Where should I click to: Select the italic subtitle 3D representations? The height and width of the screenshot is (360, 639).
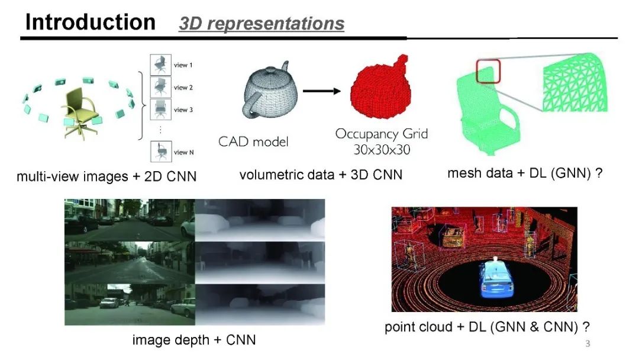pyautogui.click(x=261, y=23)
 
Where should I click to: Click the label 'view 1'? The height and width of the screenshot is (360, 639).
pyautogui.click(x=183, y=65)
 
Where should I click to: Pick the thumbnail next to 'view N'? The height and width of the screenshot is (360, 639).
pyautogui.click(x=159, y=151)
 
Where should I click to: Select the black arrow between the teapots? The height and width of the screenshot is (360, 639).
pyautogui.click(x=323, y=91)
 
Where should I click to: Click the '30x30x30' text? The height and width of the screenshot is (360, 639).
pyautogui.click(x=382, y=150)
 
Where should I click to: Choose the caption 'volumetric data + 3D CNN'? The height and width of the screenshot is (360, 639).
pyautogui.click(x=321, y=175)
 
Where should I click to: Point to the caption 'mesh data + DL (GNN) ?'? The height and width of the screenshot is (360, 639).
pyautogui.click(x=525, y=173)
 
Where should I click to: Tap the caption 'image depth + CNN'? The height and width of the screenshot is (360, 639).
pyautogui.click(x=194, y=340)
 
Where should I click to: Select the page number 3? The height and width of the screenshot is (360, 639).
pyautogui.click(x=587, y=344)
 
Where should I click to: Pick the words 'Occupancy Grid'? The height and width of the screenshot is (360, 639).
pyautogui.click(x=381, y=134)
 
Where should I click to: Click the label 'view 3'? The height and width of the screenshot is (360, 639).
pyautogui.click(x=183, y=110)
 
